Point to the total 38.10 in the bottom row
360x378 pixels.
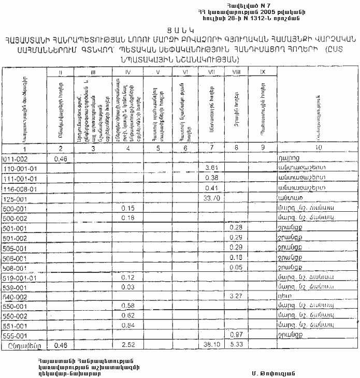211,345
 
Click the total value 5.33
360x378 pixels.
236,345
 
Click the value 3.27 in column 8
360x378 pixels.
236,297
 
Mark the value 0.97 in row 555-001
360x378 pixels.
236,336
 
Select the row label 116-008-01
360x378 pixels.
19,187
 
